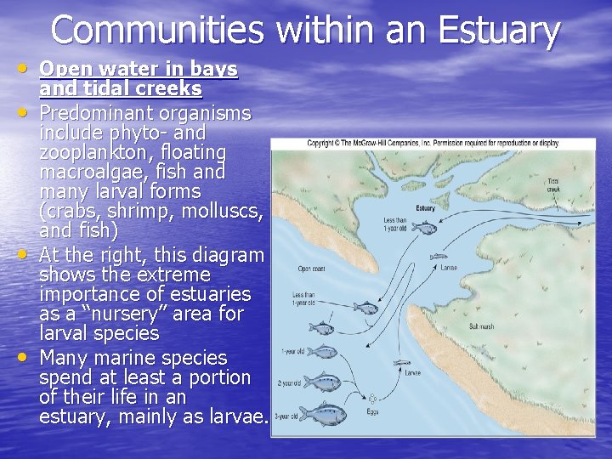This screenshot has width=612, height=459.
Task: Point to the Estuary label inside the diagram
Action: (x=426, y=208)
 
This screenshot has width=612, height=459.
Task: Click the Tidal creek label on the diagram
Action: (x=553, y=184)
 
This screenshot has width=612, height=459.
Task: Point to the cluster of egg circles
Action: (x=372, y=399)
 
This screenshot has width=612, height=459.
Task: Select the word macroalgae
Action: (x=91, y=173)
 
